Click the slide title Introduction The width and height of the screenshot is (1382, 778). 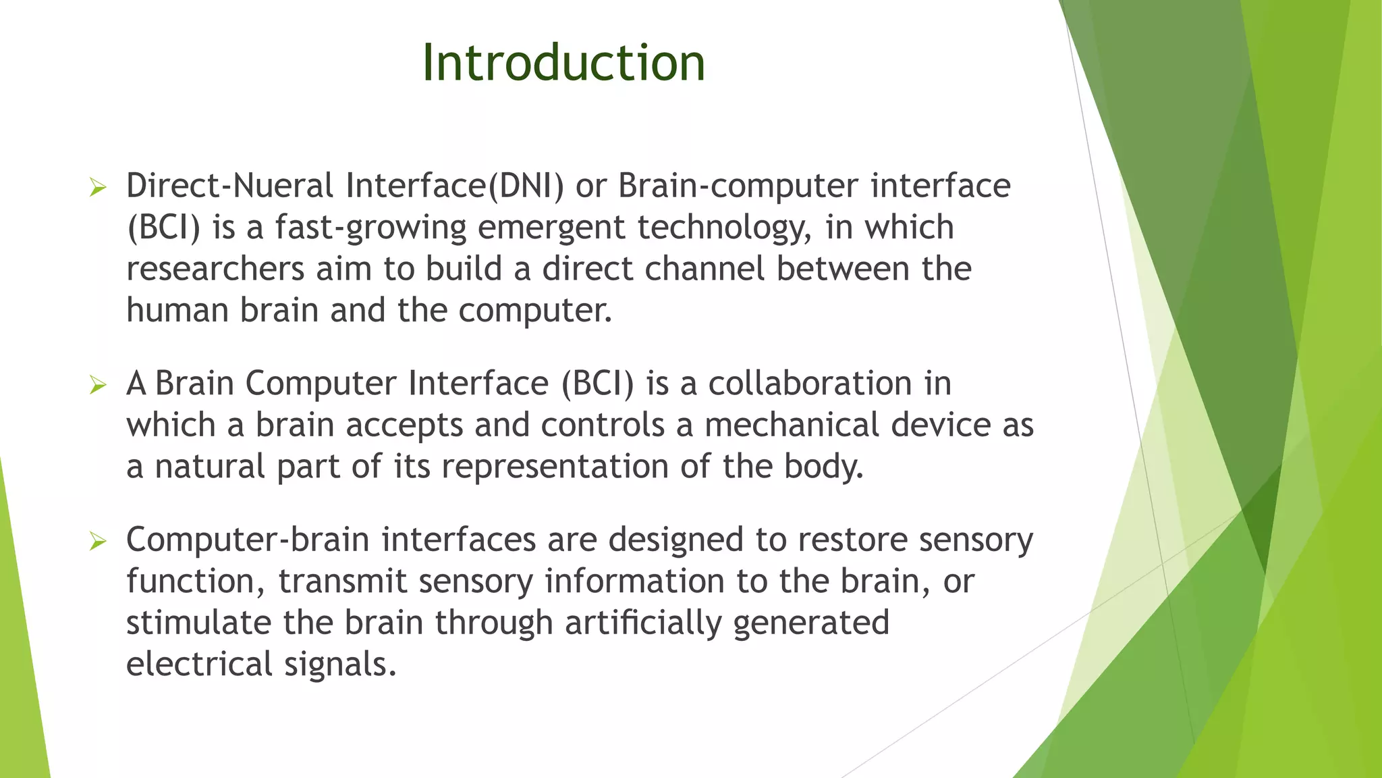(563, 63)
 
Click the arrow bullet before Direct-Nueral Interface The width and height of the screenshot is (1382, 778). (98, 188)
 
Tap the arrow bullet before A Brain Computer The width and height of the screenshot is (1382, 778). (98, 386)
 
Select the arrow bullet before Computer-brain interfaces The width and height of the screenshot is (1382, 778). (98, 542)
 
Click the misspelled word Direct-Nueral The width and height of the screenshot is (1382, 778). (229, 186)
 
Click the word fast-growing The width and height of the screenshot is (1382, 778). (370, 228)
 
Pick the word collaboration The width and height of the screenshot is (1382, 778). (810, 384)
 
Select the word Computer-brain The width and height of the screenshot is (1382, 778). (248, 540)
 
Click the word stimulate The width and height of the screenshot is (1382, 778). (199, 623)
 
